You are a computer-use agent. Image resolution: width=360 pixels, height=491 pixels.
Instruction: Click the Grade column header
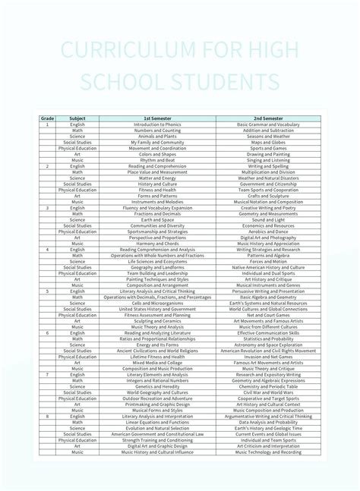(x=47, y=118)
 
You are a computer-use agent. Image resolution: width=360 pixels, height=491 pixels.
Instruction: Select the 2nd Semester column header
(x=268, y=118)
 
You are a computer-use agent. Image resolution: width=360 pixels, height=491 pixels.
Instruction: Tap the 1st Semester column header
(x=157, y=118)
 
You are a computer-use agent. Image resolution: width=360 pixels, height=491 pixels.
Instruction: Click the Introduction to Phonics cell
(x=157, y=124)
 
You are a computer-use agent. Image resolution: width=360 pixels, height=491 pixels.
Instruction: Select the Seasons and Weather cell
(x=268, y=136)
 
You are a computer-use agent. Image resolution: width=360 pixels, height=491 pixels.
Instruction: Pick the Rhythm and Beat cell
(x=157, y=160)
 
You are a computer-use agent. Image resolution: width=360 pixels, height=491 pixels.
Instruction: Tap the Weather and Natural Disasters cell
(x=268, y=178)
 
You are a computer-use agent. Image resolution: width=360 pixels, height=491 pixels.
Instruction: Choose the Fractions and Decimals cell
(x=157, y=214)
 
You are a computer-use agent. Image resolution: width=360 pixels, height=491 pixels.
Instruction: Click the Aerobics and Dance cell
(x=268, y=231)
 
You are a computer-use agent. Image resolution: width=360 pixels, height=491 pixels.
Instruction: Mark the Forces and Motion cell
(x=268, y=262)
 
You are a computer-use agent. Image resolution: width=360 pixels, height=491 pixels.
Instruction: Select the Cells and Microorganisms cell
(x=157, y=304)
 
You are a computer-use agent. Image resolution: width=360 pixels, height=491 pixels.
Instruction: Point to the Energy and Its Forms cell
(x=157, y=345)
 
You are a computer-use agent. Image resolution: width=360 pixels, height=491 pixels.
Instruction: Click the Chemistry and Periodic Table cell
(x=268, y=386)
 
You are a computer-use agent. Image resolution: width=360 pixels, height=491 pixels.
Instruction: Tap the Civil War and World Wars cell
(x=268, y=392)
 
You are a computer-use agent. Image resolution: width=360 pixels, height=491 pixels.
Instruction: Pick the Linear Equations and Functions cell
(x=157, y=422)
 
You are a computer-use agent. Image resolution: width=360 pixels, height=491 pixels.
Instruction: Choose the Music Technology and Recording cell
(x=268, y=452)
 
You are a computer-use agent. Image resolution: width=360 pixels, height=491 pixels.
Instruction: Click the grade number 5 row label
(x=47, y=291)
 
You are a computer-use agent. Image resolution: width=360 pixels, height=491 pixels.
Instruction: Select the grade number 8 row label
(x=47, y=417)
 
